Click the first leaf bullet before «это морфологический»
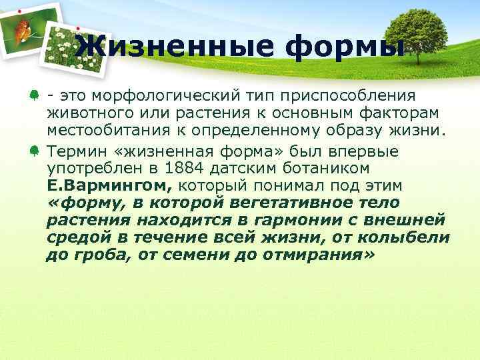point(33,98)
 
